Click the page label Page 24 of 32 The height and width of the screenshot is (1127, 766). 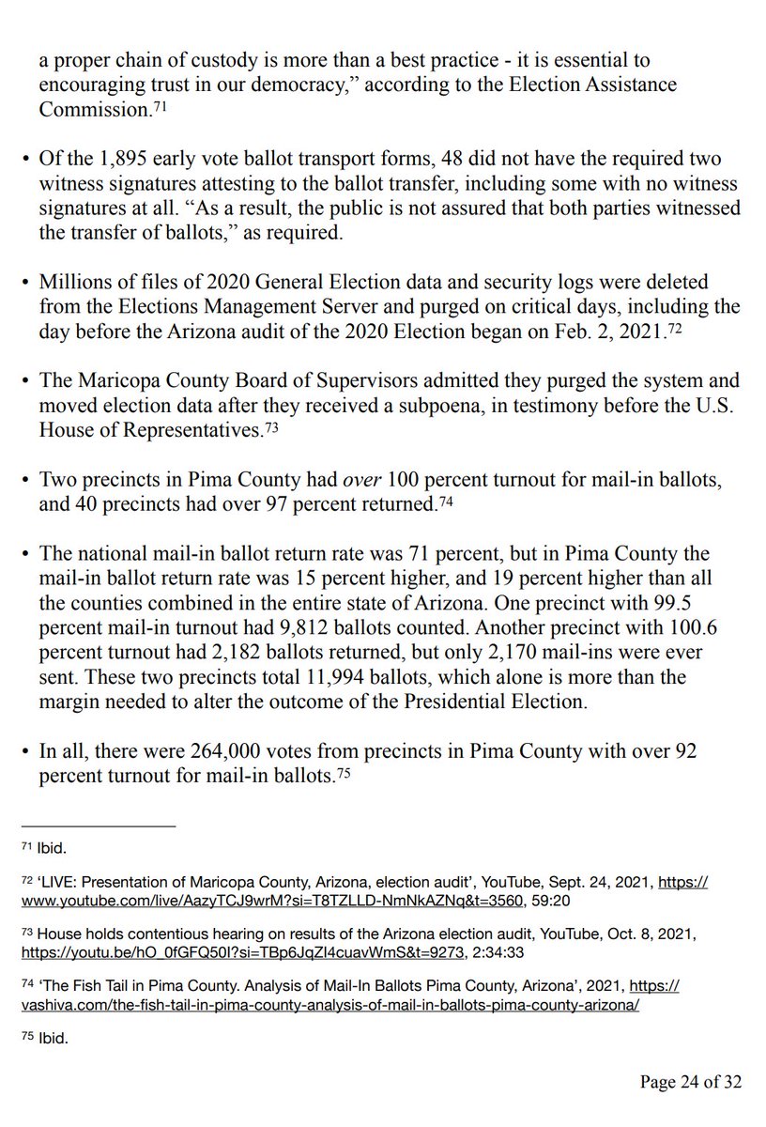(x=690, y=1083)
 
